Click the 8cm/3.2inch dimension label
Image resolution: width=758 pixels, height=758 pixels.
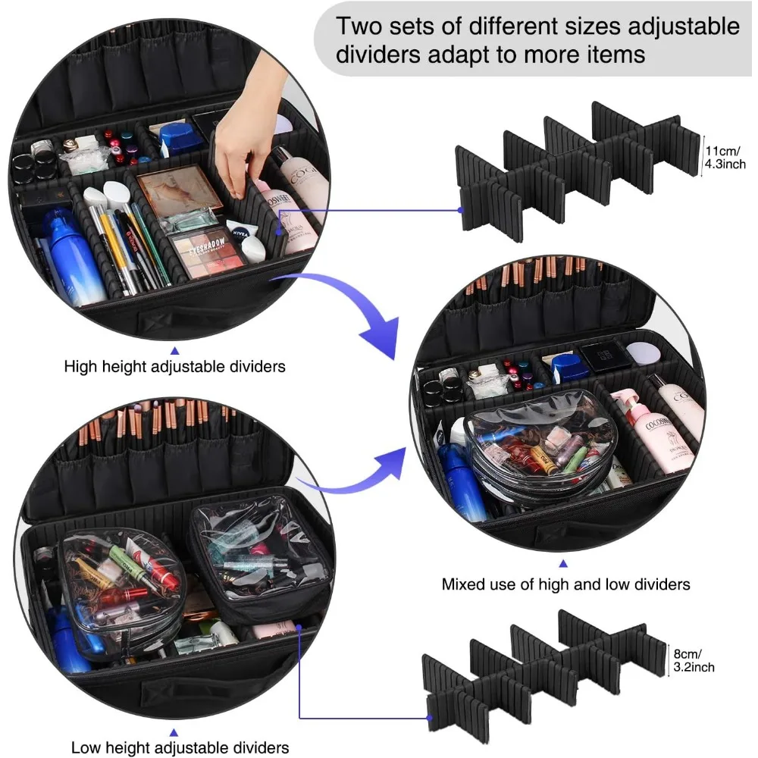(693, 659)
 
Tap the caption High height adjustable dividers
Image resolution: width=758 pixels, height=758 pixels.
(174, 367)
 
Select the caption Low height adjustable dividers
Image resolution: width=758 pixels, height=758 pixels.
(180, 747)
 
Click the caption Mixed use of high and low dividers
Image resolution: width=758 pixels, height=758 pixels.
(565, 584)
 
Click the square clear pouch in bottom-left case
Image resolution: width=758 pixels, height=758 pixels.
(258, 557)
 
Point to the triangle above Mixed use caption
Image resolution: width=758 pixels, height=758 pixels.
(562, 564)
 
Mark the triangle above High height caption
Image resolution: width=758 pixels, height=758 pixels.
(174, 350)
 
